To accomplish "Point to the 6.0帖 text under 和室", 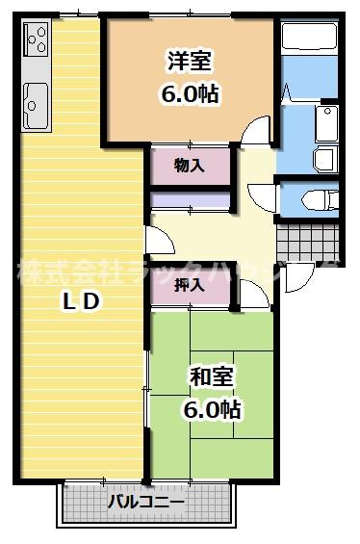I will tap(211, 410).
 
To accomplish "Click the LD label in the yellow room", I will tap(81, 301).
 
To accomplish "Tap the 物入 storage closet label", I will tap(189, 166).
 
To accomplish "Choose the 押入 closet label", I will tap(189, 285).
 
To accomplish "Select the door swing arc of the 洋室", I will tap(255, 130).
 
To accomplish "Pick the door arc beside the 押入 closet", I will tap(252, 294).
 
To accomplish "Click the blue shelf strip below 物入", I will tap(190, 201).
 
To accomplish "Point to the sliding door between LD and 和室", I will tap(146, 385).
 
